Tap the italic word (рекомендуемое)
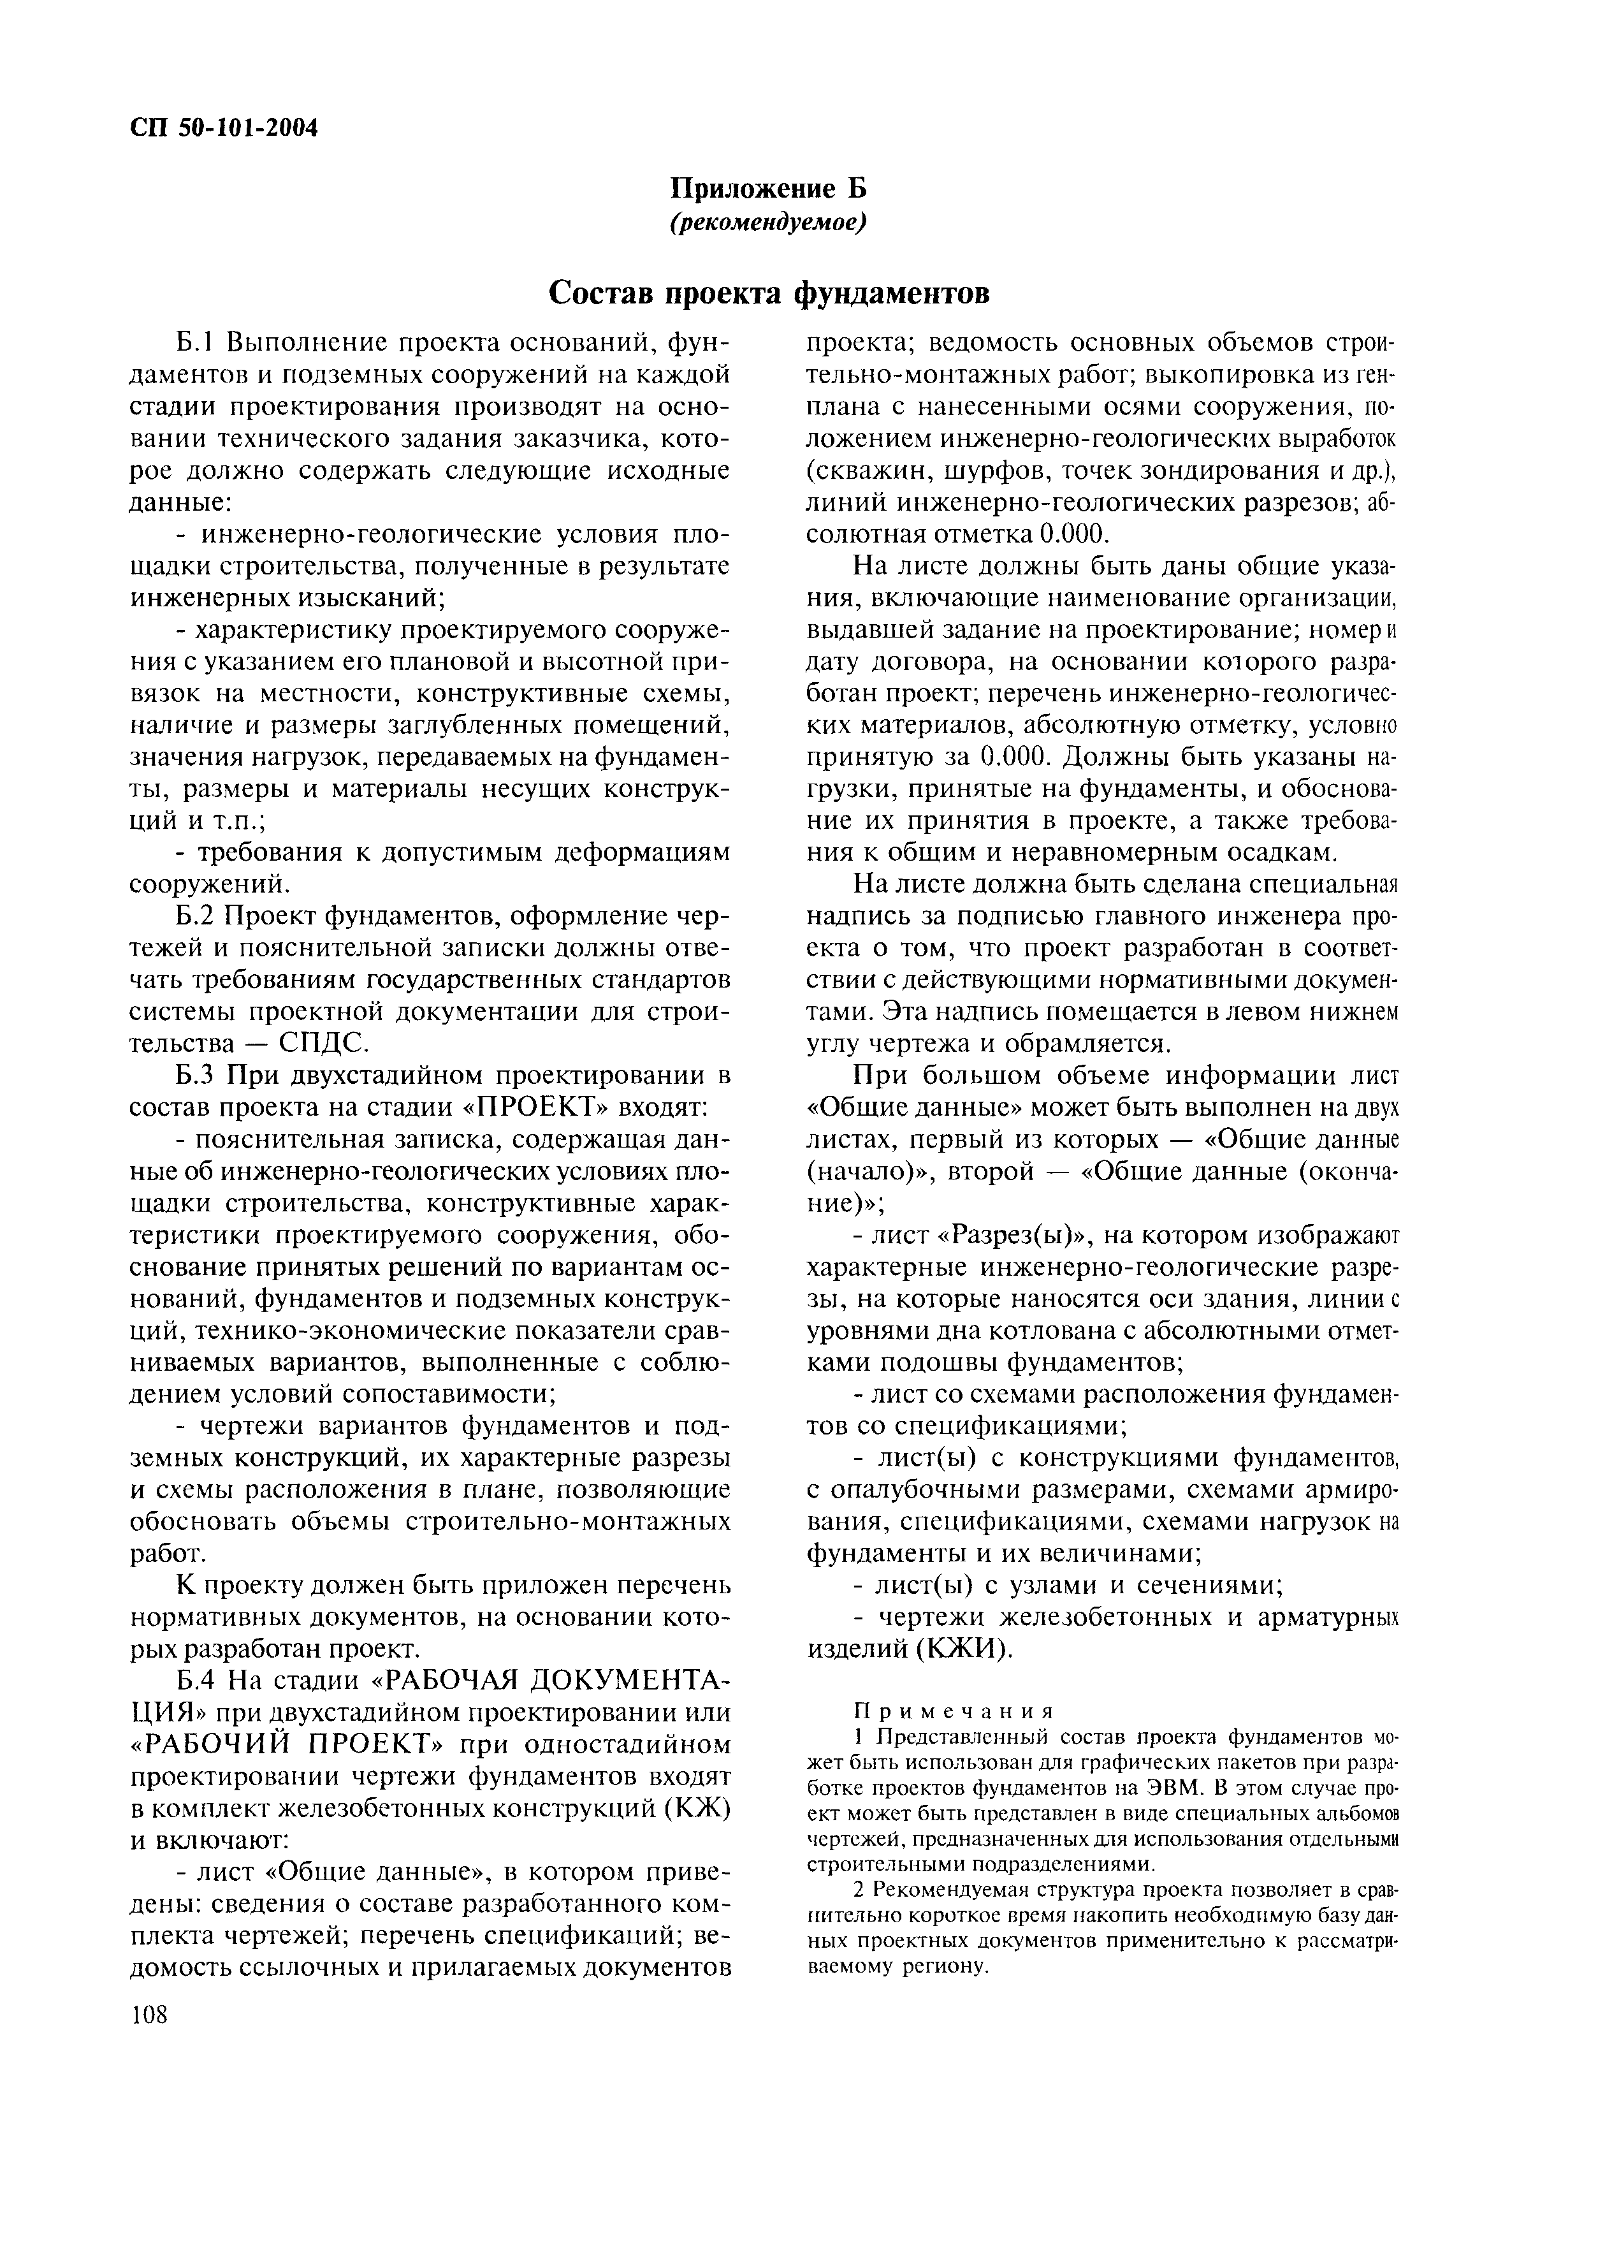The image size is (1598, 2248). pyautogui.click(x=767, y=224)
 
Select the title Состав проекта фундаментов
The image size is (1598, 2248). pyautogui.click(x=767, y=293)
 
